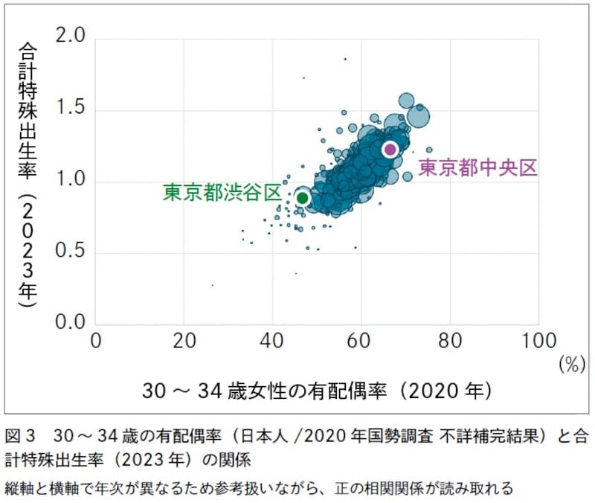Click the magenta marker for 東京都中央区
pos(390,150)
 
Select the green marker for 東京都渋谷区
pos(303,198)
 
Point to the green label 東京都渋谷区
pos(222,192)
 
